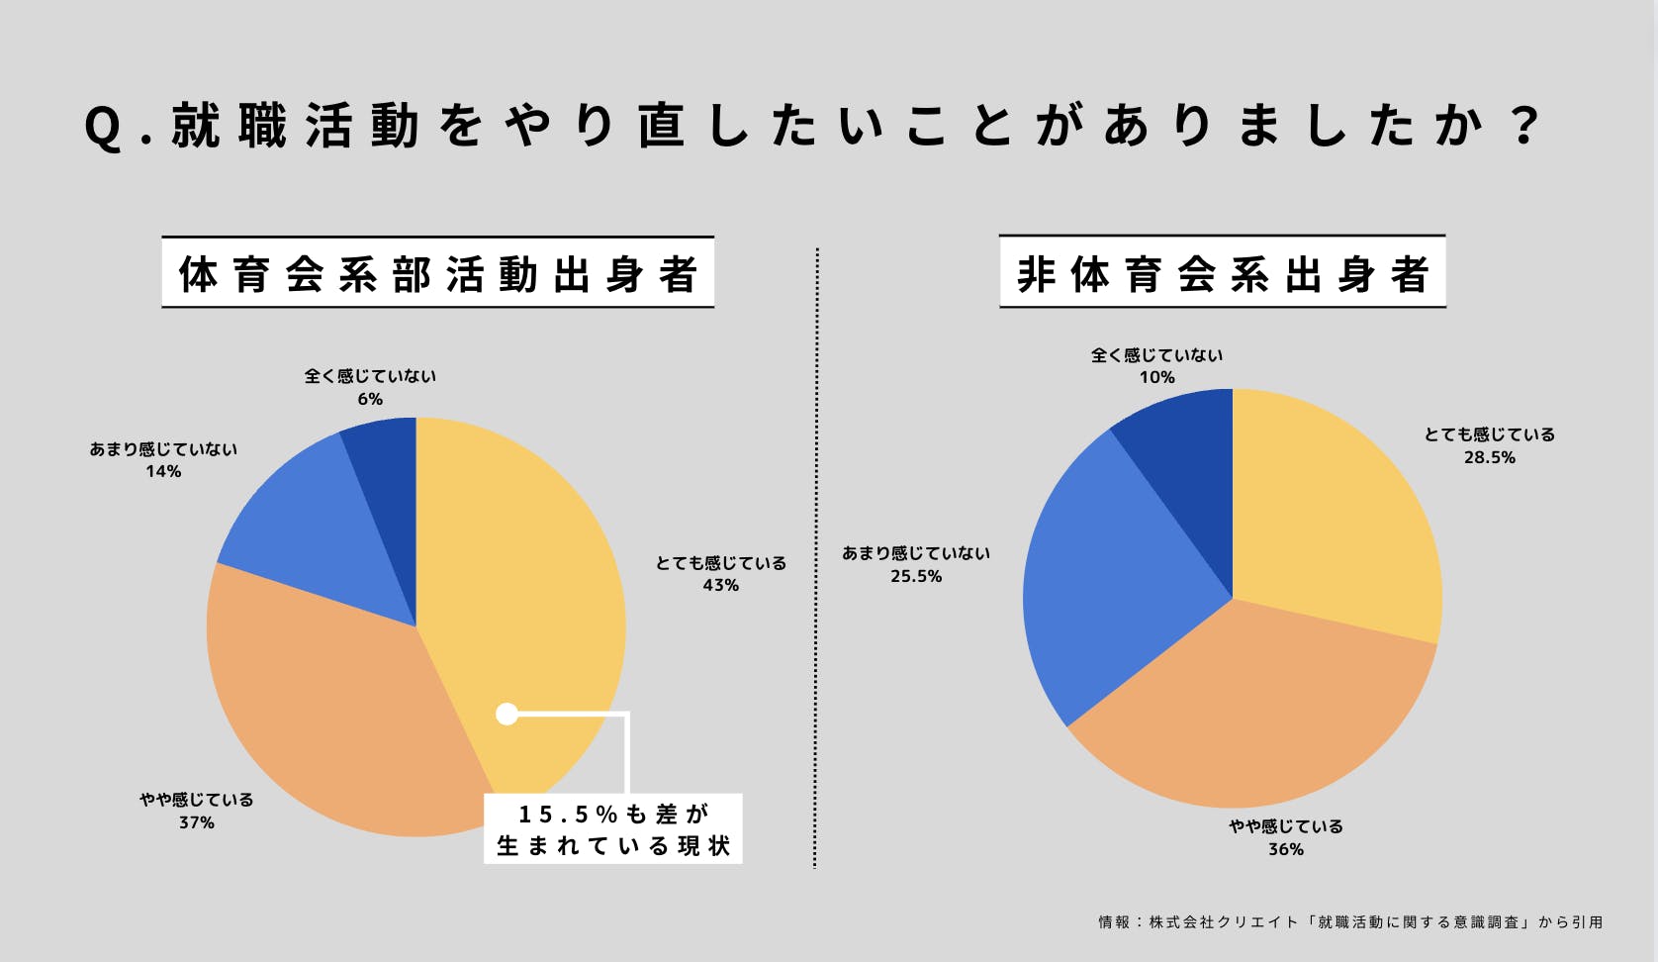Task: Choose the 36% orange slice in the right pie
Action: click(x=1256, y=713)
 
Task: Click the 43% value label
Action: click(x=720, y=586)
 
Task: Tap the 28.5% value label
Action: click(x=1489, y=457)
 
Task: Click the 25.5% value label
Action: click(x=915, y=576)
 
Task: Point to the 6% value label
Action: click(x=370, y=399)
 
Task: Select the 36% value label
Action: click(x=1285, y=849)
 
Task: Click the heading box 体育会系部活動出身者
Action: click(x=437, y=272)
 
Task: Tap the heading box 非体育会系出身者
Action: click(x=1222, y=272)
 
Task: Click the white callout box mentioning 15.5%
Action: click(x=613, y=829)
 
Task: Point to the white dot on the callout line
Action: click(x=507, y=714)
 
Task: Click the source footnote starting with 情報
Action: click(x=1349, y=921)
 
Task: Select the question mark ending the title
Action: click(x=1525, y=126)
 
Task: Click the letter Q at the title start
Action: click(x=102, y=128)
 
